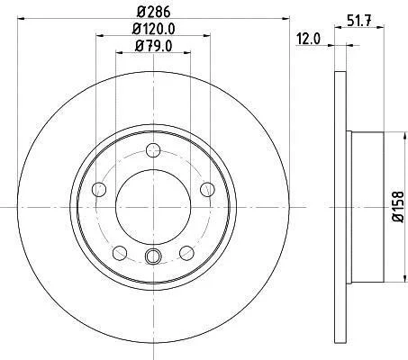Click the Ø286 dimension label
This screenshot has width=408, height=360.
click(x=153, y=12)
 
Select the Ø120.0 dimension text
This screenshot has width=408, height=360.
click(x=153, y=29)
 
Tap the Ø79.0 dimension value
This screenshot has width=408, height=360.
click(x=153, y=46)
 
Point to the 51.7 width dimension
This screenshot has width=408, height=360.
click(x=359, y=21)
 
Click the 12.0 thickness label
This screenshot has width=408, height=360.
click(x=308, y=39)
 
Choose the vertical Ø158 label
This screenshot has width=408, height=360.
click(x=398, y=207)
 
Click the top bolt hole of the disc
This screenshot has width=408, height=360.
click(x=153, y=150)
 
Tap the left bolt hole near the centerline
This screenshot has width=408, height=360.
click(x=99, y=190)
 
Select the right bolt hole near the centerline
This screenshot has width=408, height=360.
click(x=207, y=190)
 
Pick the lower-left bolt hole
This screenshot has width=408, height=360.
click(x=120, y=253)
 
